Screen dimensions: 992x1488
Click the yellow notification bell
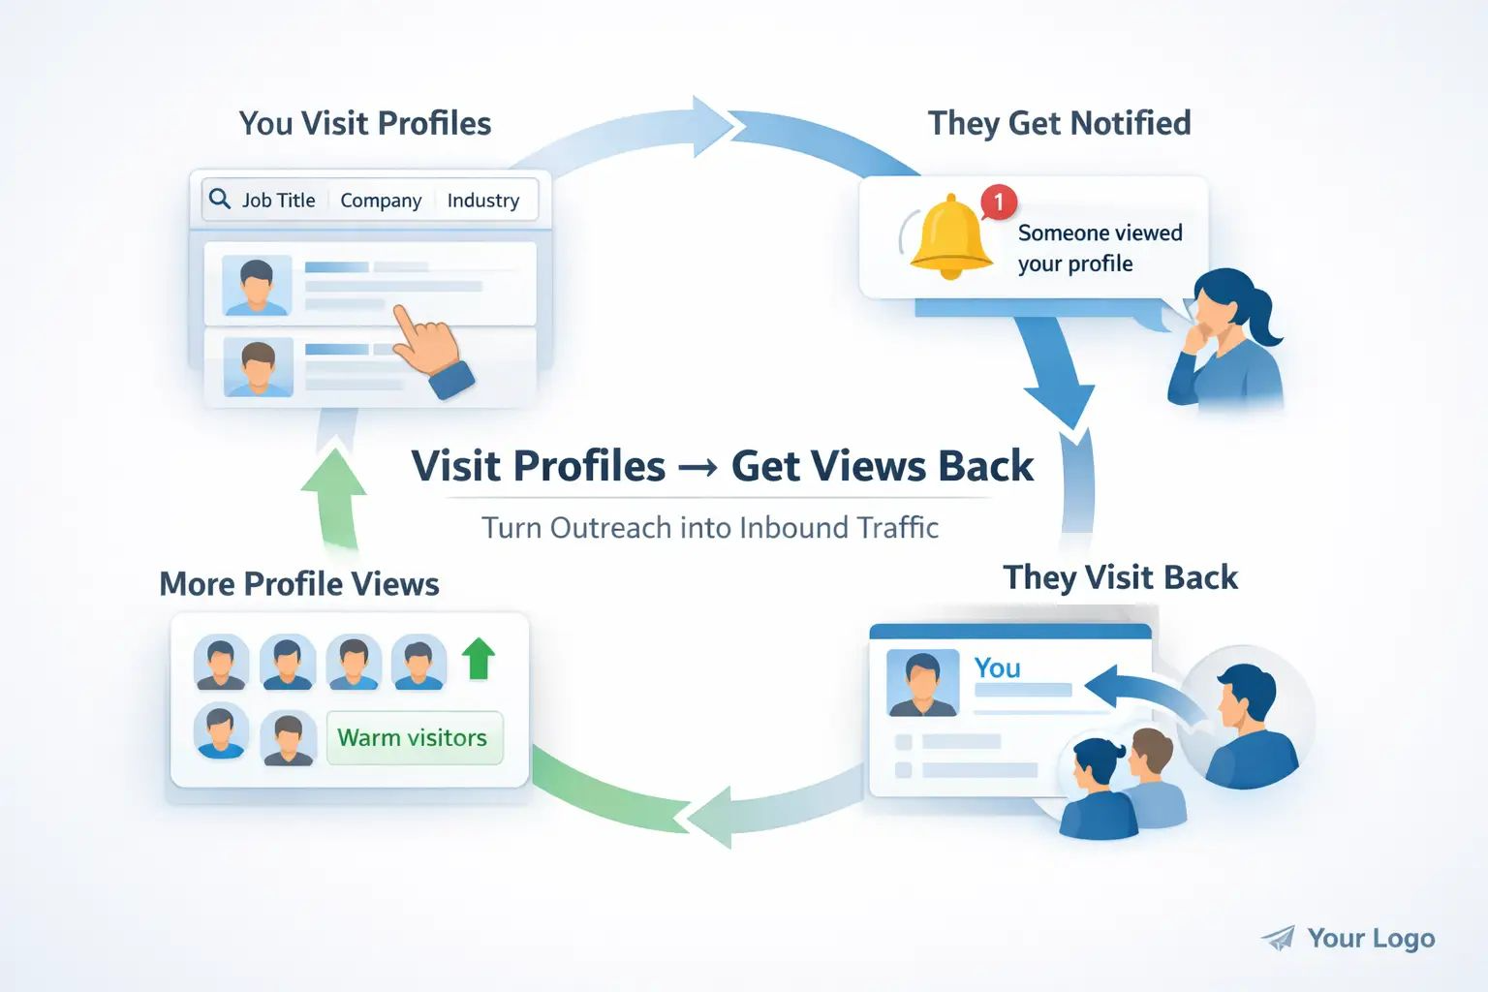[950, 236]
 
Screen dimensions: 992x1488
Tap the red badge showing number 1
[998, 202]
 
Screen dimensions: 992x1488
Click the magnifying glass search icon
[220, 199]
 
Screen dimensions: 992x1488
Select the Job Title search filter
[278, 201]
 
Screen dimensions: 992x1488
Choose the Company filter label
[381, 201]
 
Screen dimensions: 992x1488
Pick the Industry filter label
[482, 201]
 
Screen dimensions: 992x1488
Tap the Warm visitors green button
[414, 738]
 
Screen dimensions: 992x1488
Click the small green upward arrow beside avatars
[478, 659]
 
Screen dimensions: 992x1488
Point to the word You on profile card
[997, 667]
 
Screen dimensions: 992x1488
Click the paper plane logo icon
[1279, 938]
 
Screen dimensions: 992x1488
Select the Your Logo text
[1371, 938]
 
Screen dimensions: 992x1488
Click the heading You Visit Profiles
[365, 123]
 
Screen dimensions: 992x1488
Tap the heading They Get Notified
[1059, 123]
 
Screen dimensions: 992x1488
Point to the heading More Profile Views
[299, 584]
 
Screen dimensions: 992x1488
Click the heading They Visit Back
[1120, 577]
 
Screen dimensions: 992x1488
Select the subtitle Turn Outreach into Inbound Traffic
[710, 528]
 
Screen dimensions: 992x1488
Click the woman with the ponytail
[1227, 339]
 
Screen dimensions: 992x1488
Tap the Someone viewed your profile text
[1100, 248]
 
